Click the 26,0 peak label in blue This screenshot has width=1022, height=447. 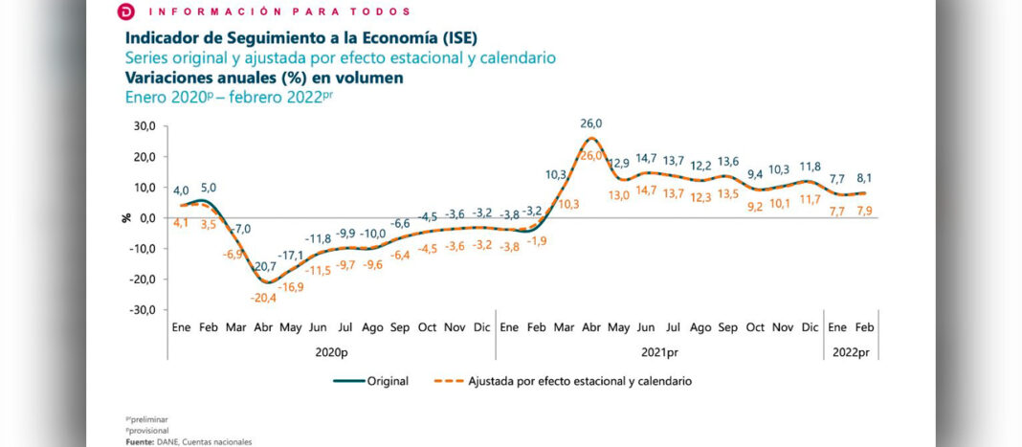tap(590, 123)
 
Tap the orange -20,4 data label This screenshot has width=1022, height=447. tap(263, 297)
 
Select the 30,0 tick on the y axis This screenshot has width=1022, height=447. tap(144, 125)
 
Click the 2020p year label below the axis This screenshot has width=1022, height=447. tap(331, 351)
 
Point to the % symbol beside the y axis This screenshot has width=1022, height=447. tap(126, 217)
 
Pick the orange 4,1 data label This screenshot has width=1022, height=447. tap(181, 223)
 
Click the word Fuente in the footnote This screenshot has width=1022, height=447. tap(141, 441)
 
